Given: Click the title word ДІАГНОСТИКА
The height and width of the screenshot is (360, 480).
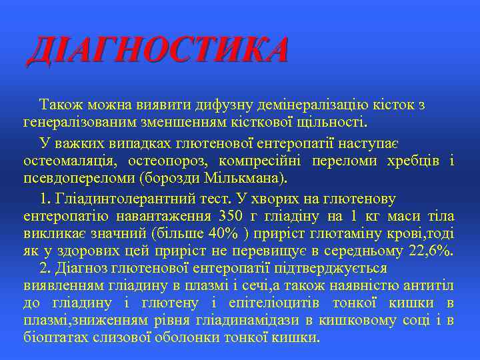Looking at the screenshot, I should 157,51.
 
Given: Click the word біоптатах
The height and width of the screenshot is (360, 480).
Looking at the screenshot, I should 56,337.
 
